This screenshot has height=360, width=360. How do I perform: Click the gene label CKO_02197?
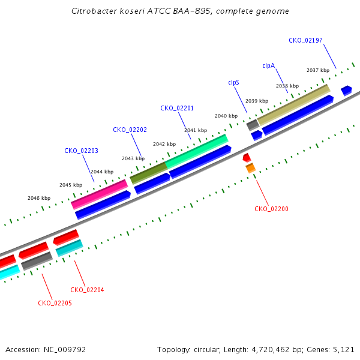coord(305,40)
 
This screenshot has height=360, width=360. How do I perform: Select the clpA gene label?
coord(268,65)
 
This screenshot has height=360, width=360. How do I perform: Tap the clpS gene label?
coord(233,82)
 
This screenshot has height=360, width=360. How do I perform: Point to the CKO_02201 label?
coord(177,108)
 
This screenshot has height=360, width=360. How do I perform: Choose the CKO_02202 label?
coord(130,130)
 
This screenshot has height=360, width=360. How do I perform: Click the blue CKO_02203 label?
coord(81,151)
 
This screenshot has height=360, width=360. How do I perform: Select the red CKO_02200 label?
coord(271,209)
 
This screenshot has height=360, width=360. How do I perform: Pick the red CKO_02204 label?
coord(87,290)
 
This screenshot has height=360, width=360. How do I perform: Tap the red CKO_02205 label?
coord(55,303)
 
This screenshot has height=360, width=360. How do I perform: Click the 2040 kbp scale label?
coord(226,116)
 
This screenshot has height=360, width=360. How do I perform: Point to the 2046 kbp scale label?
coord(39,198)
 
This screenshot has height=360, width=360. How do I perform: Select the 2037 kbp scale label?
coord(318,70)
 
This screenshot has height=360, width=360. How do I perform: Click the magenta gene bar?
coord(100,194)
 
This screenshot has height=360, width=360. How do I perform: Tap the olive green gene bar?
coord(149,173)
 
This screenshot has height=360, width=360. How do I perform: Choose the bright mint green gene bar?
coord(197,152)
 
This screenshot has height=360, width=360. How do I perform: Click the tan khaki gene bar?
coord(293,105)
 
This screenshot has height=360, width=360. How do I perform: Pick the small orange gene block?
coord(250,168)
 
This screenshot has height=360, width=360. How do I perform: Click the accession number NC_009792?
coord(65,350)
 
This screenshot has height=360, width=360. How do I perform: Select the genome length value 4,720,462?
coord(271,350)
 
